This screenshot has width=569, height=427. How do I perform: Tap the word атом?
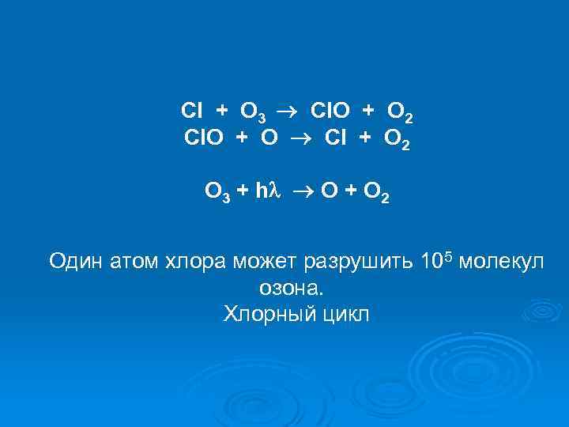[135, 261]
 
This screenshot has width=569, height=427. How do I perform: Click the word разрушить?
[346, 262]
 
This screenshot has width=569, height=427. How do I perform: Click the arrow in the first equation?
[288, 111]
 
